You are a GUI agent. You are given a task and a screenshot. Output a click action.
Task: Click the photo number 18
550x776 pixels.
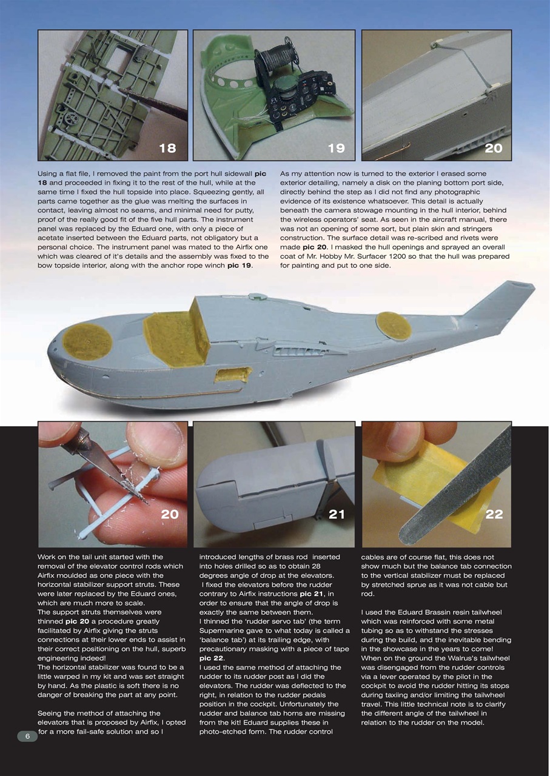click(167, 148)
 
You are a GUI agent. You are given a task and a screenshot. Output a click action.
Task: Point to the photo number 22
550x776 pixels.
click(494, 514)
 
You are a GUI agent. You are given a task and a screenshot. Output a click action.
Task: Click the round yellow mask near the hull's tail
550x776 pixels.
click(394, 325)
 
